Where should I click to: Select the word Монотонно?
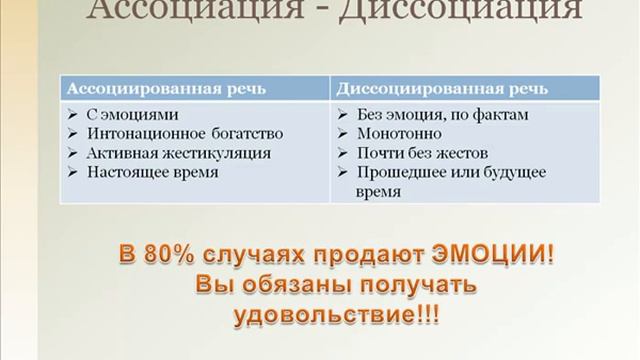point(396,134)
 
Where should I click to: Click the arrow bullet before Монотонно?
point(343,134)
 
